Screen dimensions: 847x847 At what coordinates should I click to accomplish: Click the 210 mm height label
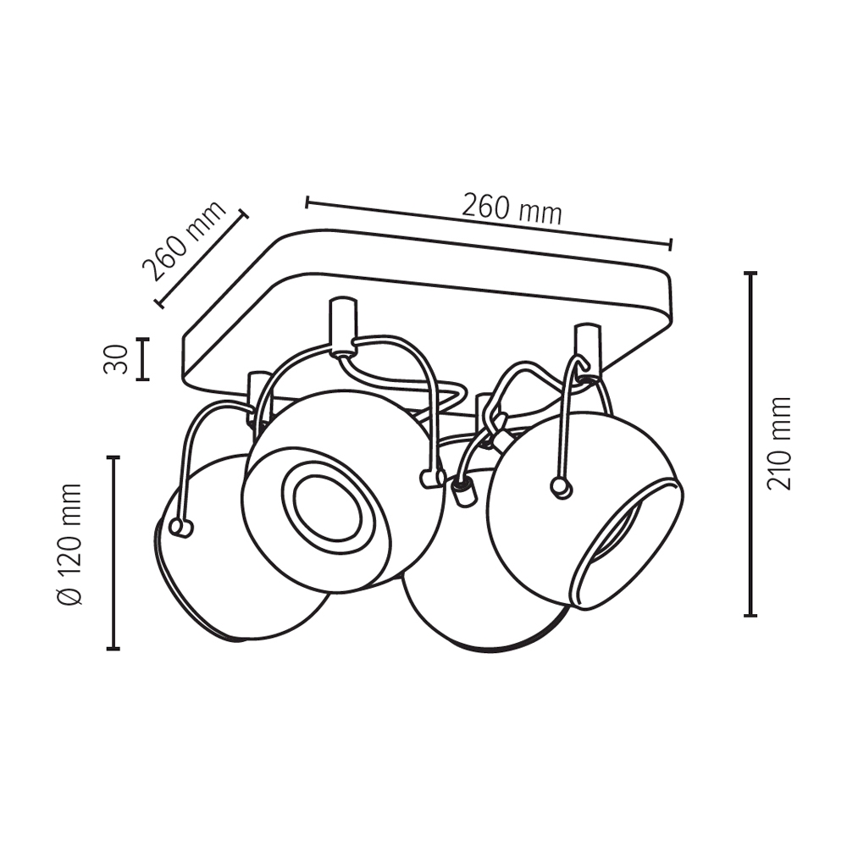click(780, 443)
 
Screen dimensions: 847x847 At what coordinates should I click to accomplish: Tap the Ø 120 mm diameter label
click(70, 545)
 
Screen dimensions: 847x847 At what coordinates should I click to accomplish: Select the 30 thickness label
click(116, 358)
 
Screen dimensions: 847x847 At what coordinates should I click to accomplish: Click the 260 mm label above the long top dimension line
click(512, 209)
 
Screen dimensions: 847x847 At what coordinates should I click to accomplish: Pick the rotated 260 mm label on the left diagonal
click(184, 241)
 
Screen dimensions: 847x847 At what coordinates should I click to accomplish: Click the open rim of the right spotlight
click(627, 545)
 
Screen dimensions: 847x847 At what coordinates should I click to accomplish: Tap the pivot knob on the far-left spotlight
click(181, 528)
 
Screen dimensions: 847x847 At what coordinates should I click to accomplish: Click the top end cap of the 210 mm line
click(750, 274)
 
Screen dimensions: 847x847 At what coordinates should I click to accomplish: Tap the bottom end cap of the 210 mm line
click(750, 615)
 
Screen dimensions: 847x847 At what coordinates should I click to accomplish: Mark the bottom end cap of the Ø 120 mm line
click(113, 648)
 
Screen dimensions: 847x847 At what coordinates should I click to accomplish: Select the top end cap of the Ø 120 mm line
click(113, 458)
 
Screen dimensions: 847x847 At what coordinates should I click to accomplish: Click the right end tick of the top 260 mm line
click(670, 244)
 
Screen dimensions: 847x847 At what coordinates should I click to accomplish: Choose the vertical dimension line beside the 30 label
click(142, 359)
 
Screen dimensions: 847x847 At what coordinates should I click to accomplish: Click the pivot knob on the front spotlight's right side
click(432, 479)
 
